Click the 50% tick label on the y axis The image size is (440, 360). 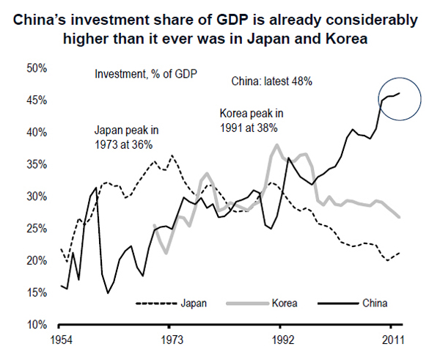(37, 68)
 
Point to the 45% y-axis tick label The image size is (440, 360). (37, 100)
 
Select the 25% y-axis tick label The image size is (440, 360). (37, 229)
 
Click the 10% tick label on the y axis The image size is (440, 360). (37, 325)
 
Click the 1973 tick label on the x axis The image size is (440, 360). (169, 341)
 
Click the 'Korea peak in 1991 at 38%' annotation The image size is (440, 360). (251, 121)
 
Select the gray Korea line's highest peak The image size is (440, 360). (276, 144)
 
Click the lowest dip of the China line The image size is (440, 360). (109, 293)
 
